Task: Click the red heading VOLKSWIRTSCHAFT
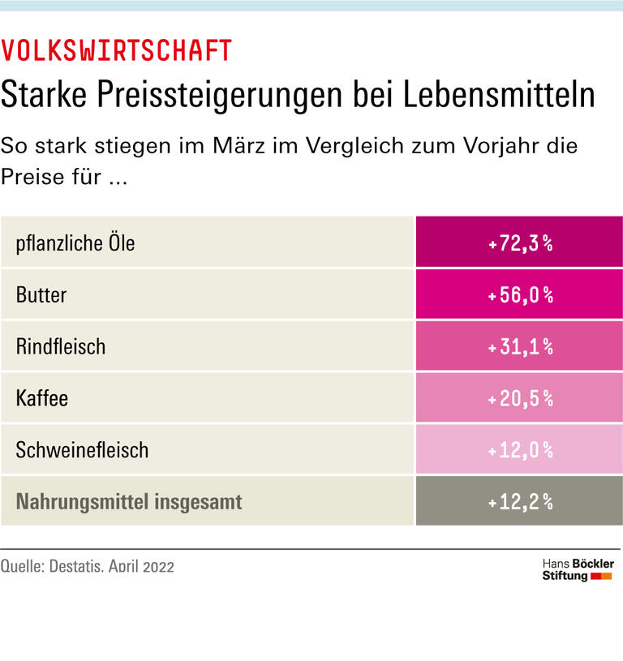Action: (116, 51)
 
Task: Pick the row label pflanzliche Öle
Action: (75, 243)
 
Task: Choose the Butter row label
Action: (41, 294)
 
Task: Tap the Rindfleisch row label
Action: (61, 346)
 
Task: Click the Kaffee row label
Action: (42, 398)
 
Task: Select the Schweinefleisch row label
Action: (82, 449)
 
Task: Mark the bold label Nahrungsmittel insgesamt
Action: (129, 501)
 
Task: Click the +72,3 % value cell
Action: (520, 243)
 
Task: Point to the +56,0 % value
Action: (520, 294)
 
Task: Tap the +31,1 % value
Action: (520, 346)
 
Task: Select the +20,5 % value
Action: (520, 398)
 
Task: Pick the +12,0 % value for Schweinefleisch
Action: (520, 449)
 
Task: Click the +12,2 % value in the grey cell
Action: (520, 501)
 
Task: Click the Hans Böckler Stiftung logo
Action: (577, 569)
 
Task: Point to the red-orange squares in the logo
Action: (601, 576)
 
